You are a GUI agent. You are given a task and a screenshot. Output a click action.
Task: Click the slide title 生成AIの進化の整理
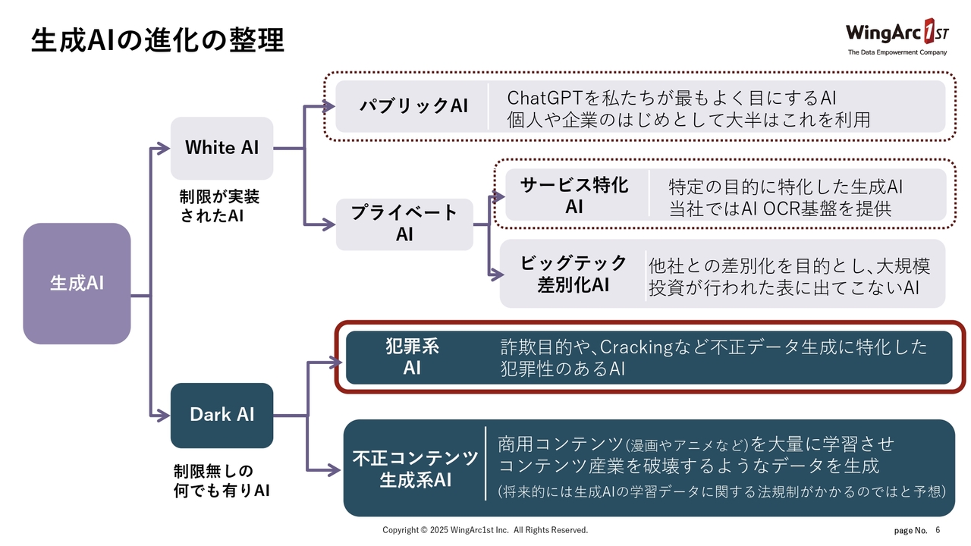pos(157,41)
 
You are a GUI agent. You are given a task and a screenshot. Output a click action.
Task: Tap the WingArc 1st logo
pos(896,33)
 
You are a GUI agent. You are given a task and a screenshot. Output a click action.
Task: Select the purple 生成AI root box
pos(77,284)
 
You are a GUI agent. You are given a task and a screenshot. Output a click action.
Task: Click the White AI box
pos(222,148)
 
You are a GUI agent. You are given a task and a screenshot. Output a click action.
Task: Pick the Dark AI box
pos(222,415)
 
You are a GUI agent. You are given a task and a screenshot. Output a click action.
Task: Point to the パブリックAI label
pos(413,106)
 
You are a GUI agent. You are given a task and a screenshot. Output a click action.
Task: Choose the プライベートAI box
pos(404,224)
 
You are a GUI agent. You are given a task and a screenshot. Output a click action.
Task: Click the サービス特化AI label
pos(574,195)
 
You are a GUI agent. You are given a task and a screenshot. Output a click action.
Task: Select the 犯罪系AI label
pos(412,357)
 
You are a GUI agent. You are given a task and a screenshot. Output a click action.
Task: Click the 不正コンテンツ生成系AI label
pos(415,469)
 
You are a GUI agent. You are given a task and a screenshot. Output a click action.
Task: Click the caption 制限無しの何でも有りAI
pos(222,481)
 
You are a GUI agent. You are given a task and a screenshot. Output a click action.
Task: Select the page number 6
pos(938,530)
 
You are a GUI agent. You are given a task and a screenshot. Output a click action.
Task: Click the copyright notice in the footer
pos(485,530)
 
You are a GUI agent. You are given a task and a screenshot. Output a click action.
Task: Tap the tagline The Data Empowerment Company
pos(897,52)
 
